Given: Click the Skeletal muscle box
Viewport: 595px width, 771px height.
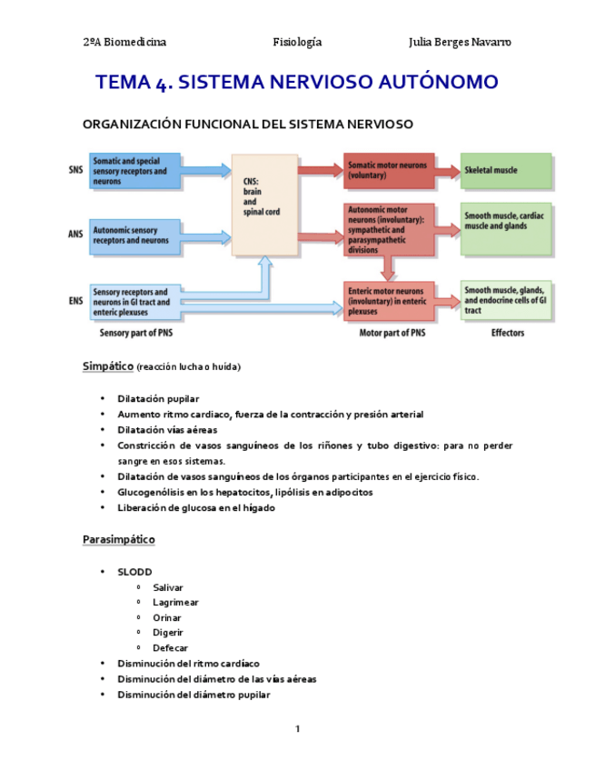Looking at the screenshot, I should point(506,171).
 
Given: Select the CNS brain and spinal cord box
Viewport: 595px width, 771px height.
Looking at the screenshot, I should point(264,205).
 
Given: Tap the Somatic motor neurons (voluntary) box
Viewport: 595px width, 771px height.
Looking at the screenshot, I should point(388,170).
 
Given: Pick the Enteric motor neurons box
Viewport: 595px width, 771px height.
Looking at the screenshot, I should point(388,299).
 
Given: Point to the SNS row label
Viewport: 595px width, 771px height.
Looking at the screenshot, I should point(74,170).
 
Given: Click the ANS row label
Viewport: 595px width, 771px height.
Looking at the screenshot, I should point(74,235).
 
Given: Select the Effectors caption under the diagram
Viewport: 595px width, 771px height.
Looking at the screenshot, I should point(507,334).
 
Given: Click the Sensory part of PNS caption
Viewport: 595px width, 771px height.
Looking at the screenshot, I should point(137,334).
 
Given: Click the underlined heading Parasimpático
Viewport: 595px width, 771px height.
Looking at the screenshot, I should point(118,540).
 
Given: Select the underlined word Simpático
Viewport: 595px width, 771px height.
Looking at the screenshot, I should point(107,366).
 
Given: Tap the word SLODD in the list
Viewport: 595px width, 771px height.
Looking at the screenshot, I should point(134,573).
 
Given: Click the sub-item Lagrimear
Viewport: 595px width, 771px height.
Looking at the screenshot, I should point(175,602).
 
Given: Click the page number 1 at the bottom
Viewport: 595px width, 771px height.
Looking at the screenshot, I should point(297,728).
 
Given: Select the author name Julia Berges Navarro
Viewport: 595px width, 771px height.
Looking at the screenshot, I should point(460,42).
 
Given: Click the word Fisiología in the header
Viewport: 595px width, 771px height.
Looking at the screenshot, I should point(297,42).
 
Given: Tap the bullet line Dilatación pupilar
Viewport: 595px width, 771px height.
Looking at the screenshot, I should point(158,399).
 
